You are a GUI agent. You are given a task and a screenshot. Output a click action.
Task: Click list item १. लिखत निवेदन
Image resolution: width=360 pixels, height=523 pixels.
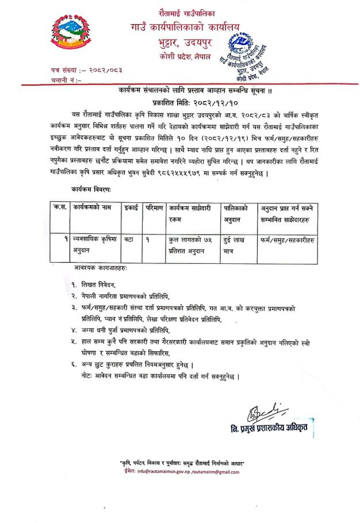[94, 284]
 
